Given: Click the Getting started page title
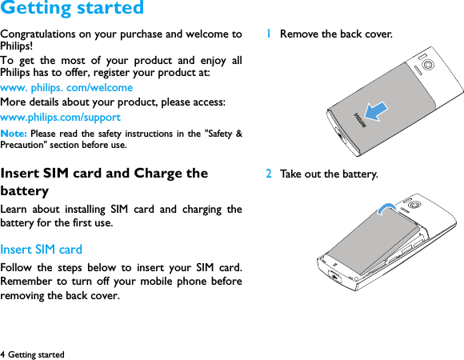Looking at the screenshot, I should click(x=72, y=10).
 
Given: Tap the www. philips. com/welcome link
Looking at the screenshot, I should click(x=66, y=87).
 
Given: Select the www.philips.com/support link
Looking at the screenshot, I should click(x=60, y=118).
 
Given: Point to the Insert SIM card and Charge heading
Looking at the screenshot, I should click(x=104, y=174).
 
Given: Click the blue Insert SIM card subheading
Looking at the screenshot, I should click(x=41, y=250).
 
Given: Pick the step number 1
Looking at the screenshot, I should click(x=270, y=34).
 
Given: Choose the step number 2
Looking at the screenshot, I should click(x=270, y=174).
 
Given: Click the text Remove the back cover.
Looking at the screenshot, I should click(x=336, y=34).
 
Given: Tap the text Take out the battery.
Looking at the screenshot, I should click(x=329, y=174).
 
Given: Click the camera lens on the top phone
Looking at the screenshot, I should click(x=430, y=63).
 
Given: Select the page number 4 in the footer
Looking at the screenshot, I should click(x=3, y=354).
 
